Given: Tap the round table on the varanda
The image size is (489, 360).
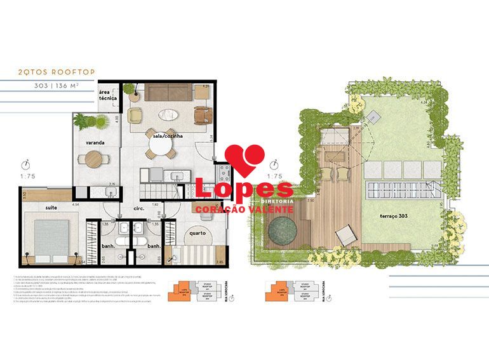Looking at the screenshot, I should (93, 159).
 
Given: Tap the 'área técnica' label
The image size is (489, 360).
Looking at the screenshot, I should (107, 96).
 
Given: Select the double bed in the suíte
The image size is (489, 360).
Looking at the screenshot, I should (48, 235).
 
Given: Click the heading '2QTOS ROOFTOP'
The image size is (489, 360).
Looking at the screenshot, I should (57, 72).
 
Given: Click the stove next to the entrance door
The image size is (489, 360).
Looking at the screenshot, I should (223, 171).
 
